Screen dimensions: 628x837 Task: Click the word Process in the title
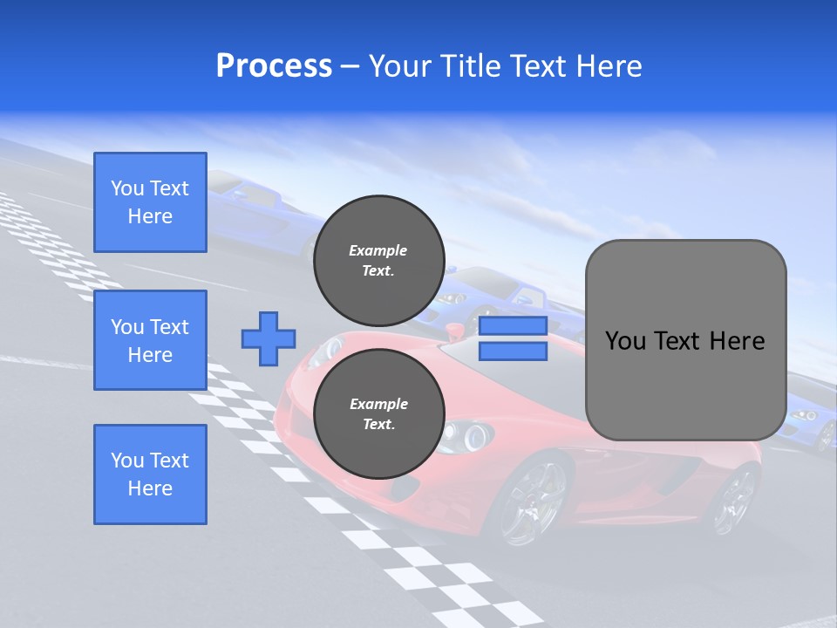click(x=274, y=66)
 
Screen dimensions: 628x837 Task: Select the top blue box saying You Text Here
click(x=150, y=202)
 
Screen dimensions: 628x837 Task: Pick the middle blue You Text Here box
click(x=150, y=340)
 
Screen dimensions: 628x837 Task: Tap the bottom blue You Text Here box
click(x=150, y=474)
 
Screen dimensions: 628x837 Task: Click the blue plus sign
click(x=269, y=338)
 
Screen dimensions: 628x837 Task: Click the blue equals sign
click(x=513, y=338)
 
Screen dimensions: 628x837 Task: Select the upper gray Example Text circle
click(x=378, y=260)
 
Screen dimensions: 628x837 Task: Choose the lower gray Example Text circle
click(x=378, y=414)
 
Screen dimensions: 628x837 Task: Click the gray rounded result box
click(x=685, y=340)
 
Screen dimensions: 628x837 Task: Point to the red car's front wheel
click(x=528, y=501)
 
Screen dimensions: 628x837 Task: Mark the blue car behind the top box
click(x=253, y=214)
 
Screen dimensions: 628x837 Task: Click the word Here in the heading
click(x=609, y=66)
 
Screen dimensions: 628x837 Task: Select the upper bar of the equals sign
click(x=513, y=326)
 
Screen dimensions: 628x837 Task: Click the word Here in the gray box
click(x=738, y=341)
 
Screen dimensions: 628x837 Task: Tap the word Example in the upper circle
click(x=378, y=250)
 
